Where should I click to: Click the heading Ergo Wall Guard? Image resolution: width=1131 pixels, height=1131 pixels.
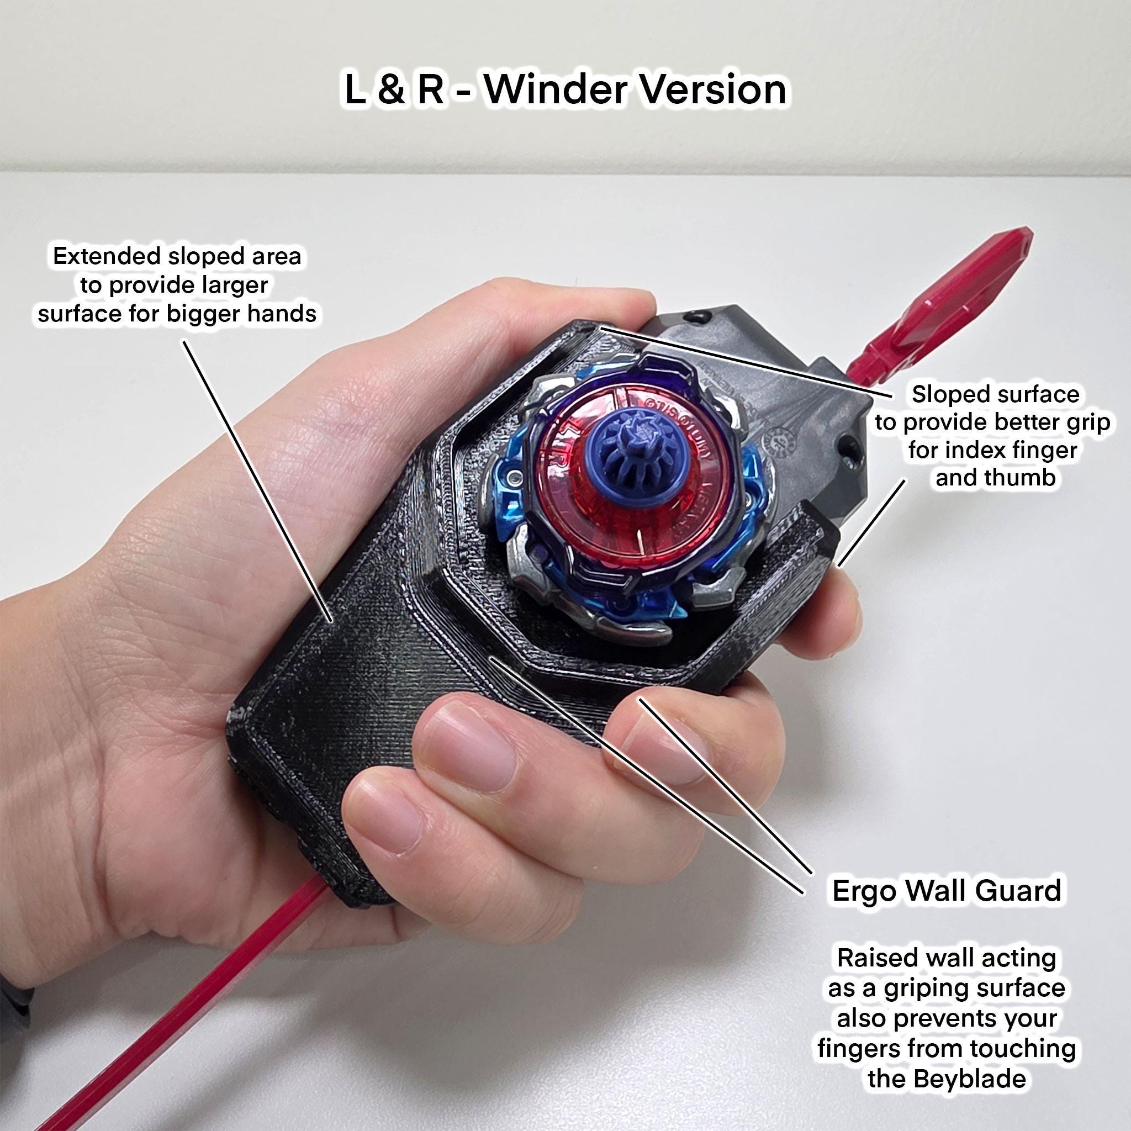pyautogui.click(x=946, y=890)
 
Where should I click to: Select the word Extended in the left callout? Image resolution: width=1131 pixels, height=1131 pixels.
pyautogui.click(x=106, y=256)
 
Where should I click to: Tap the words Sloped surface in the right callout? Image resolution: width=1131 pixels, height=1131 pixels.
pyautogui.click(x=996, y=394)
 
